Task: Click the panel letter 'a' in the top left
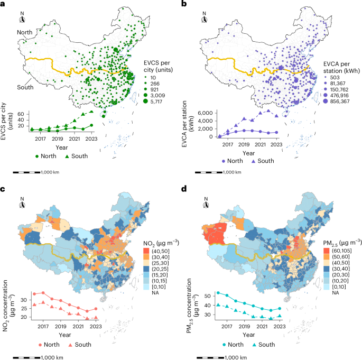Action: coord(3,4)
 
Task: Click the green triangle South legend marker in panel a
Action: coord(64,156)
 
